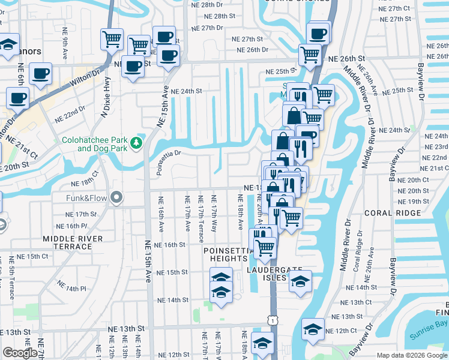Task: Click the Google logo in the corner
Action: [20, 353]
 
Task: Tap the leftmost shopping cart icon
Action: [112, 40]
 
